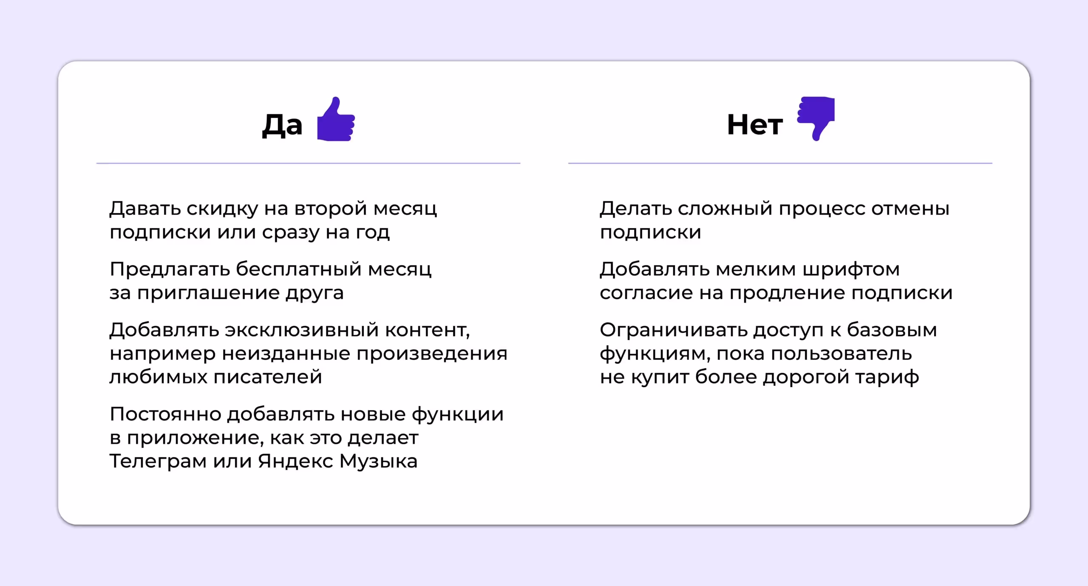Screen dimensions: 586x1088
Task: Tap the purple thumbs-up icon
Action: [336, 120]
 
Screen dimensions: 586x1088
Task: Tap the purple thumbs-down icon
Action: [816, 118]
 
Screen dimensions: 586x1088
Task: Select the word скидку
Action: [222, 208]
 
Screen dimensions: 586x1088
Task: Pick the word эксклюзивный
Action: [301, 330]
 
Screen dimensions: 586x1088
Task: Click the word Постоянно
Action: [165, 414]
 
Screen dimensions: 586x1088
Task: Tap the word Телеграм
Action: [158, 461]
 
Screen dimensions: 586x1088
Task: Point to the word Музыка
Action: [378, 461]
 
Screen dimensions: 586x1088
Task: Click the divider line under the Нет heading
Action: [780, 163]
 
